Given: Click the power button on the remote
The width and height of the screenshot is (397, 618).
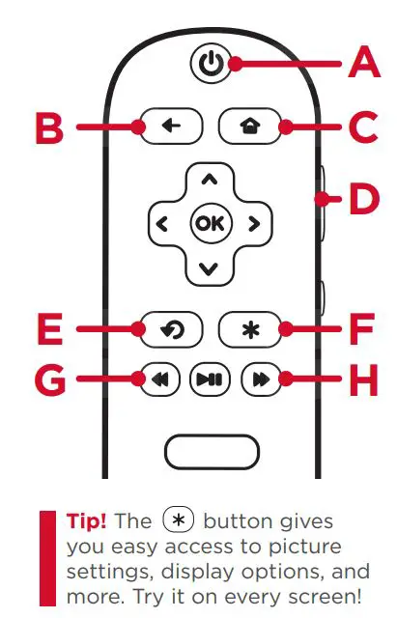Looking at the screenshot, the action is [211, 63].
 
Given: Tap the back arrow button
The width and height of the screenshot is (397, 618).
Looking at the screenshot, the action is [172, 126].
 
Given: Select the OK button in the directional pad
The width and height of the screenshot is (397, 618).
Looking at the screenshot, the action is [211, 223].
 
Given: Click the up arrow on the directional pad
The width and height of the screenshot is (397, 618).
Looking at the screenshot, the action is [210, 181].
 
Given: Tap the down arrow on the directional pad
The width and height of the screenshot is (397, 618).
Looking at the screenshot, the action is [209, 268].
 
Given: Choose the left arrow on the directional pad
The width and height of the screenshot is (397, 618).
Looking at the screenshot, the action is [162, 224].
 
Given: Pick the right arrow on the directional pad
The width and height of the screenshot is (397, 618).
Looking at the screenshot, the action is [254, 224].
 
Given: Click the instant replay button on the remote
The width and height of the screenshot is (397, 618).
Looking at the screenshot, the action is [172, 329].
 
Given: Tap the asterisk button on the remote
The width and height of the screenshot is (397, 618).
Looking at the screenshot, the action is [250, 329].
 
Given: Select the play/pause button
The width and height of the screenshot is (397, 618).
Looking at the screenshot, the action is [211, 379].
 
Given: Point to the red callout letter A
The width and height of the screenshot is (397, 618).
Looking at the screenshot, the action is [364, 62].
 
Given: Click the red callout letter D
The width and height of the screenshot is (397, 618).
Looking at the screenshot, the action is [364, 199].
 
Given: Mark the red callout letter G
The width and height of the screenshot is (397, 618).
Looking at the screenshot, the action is [50, 379].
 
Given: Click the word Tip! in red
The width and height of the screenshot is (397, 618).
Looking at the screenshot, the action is [86, 521].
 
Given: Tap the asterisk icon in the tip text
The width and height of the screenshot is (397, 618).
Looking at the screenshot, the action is [179, 520].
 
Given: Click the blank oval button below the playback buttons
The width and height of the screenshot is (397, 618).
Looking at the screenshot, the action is [212, 452].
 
